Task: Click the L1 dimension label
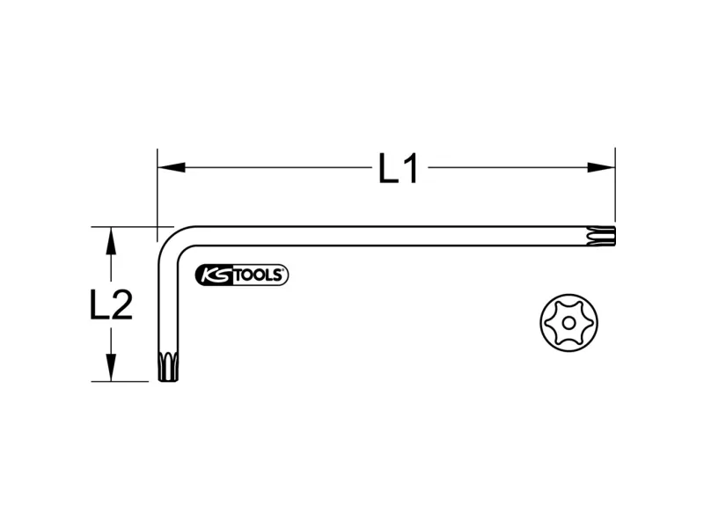point(399,168)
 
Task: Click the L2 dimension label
point(112,304)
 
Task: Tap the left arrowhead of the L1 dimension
point(171,167)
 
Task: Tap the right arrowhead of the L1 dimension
point(601,167)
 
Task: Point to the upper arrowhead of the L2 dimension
point(111,241)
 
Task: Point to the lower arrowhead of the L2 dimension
point(111,368)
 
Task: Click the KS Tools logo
point(241,275)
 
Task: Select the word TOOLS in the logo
point(258,275)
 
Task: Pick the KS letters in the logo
point(215,275)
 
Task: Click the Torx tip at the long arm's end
point(601,236)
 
